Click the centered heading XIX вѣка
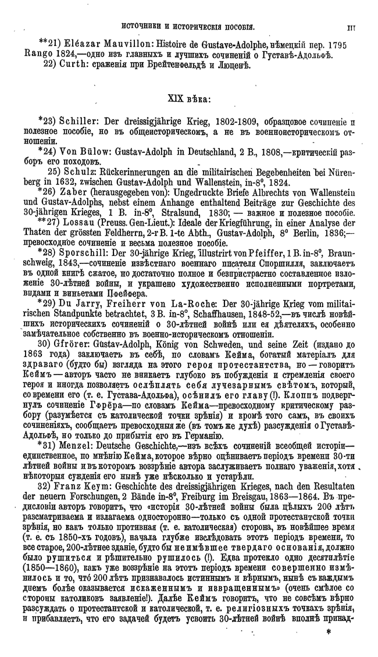[x=189, y=99]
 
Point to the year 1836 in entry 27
[x=343, y=233]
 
